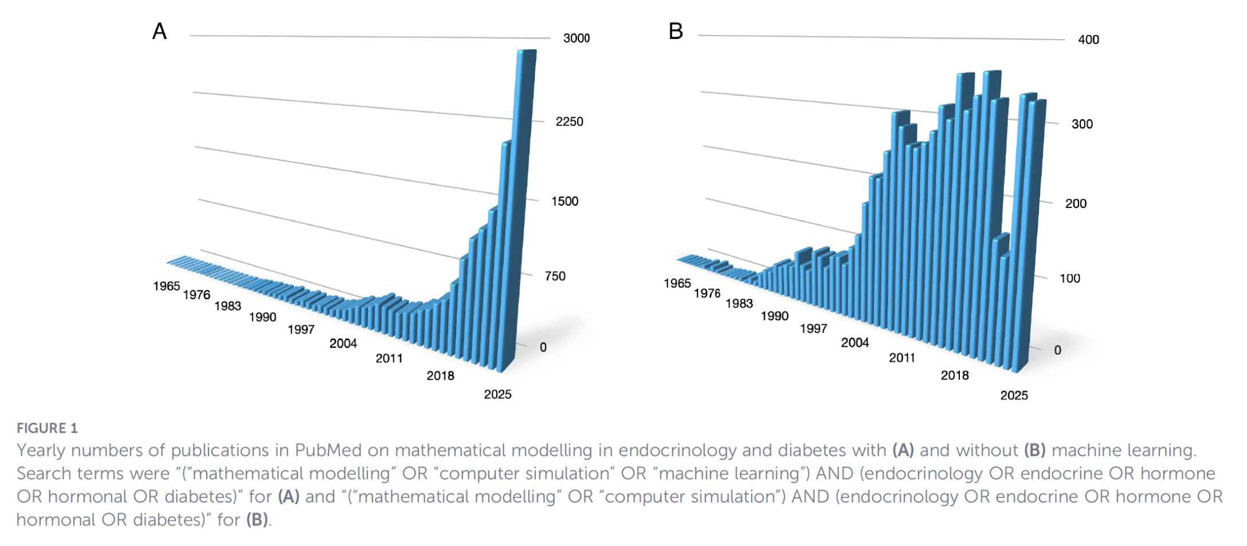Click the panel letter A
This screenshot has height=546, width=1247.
click(x=159, y=31)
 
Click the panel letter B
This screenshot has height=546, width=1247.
click(x=676, y=31)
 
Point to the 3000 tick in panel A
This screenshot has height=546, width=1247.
click(x=576, y=38)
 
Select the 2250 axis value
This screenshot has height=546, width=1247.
click(x=569, y=121)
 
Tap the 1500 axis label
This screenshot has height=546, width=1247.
click(x=564, y=201)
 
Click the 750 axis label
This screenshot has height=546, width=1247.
click(x=555, y=276)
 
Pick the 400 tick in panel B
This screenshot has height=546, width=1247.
click(x=1088, y=40)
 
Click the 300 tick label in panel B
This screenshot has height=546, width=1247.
click(x=1082, y=124)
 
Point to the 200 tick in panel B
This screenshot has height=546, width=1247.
click(x=1076, y=203)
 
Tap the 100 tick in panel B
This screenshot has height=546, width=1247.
click(x=1069, y=278)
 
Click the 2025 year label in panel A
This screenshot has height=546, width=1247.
click(x=497, y=394)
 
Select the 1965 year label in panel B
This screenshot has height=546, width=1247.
click(x=677, y=283)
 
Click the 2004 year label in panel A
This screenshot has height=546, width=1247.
click(x=343, y=343)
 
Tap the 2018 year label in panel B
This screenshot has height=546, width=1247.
click(x=954, y=375)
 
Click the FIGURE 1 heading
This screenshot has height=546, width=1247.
click(x=47, y=428)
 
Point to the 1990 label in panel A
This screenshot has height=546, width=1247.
click(x=262, y=317)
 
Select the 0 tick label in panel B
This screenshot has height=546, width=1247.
click(x=1057, y=350)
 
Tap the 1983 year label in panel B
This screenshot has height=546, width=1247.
click(x=739, y=303)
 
